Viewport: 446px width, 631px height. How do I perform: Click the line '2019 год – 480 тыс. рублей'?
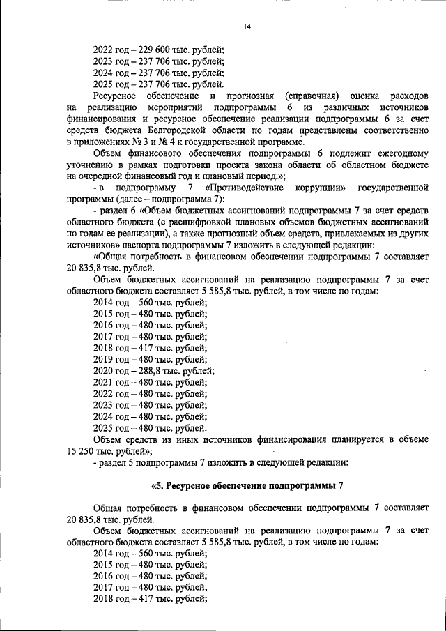[150, 359]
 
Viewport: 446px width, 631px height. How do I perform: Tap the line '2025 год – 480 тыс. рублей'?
[150, 427]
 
